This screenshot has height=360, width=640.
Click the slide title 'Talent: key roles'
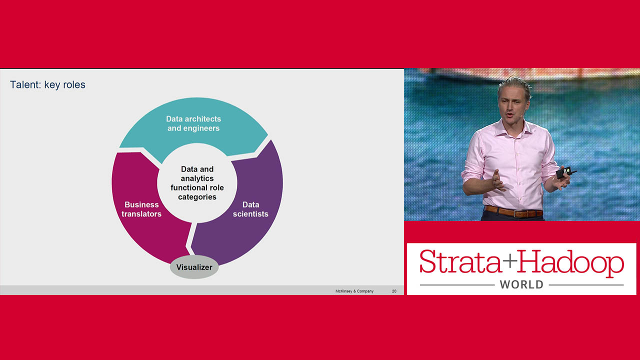(47, 85)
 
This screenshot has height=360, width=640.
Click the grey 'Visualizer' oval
(194, 267)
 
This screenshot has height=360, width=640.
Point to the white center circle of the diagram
(197, 183)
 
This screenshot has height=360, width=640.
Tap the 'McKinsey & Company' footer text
(354, 291)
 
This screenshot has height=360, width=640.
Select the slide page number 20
(394, 291)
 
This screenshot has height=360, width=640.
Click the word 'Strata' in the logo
(460, 261)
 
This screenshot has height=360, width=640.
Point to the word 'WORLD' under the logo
(521, 284)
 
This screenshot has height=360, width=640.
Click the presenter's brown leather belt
(513, 212)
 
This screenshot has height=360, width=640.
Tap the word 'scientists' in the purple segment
(250, 214)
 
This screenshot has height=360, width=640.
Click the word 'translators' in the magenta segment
(141, 214)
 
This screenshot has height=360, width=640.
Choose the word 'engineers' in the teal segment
(201, 128)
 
